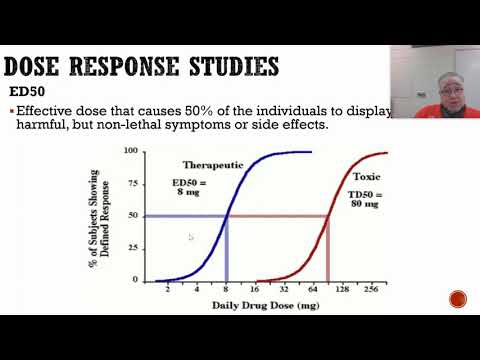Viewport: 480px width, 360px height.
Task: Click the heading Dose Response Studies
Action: [x=141, y=67]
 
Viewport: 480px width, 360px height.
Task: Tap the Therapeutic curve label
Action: [x=212, y=163]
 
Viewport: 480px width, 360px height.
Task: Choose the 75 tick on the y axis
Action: [x=134, y=182]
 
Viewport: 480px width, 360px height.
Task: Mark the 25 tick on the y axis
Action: [x=134, y=248]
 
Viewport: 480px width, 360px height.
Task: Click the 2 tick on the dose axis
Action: [x=167, y=288]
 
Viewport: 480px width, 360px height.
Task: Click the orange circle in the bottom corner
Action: [x=458, y=299]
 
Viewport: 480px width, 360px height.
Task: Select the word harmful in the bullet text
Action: [x=41, y=127]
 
